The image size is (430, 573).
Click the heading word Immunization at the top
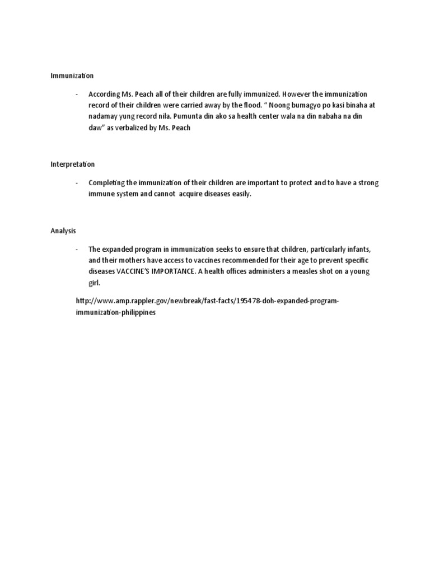point(72,75)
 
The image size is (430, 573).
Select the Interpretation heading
point(73,165)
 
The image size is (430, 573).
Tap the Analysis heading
point(63,231)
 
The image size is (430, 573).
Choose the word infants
point(355,249)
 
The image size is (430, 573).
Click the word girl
point(94,283)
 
